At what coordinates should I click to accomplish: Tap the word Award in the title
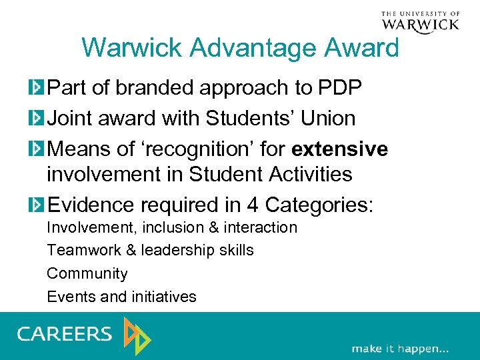[x=367, y=48]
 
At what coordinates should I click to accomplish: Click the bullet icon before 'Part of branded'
[x=36, y=87]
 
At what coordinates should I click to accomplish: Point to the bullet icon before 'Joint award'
[x=36, y=119]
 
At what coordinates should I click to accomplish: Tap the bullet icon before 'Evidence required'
[x=36, y=205]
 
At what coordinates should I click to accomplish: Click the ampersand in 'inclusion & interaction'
[x=213, y=227]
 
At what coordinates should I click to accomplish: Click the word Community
[x=87, y=273]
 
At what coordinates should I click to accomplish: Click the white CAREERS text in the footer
[x=65, y=333]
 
